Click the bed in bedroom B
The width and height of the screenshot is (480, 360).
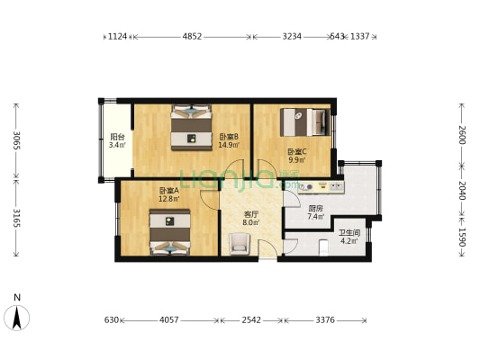[x=192, y=124]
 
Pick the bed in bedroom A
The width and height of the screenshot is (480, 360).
[x=169, y=229]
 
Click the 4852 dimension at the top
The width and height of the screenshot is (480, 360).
[x=192, y=37]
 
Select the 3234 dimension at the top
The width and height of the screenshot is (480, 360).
[x=291, y=37]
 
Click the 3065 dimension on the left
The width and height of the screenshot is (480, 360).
[x=15, y=140]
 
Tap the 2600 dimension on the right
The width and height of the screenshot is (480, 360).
[x=463, y=134]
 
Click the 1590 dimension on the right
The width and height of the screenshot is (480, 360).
[x=463, y=237]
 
